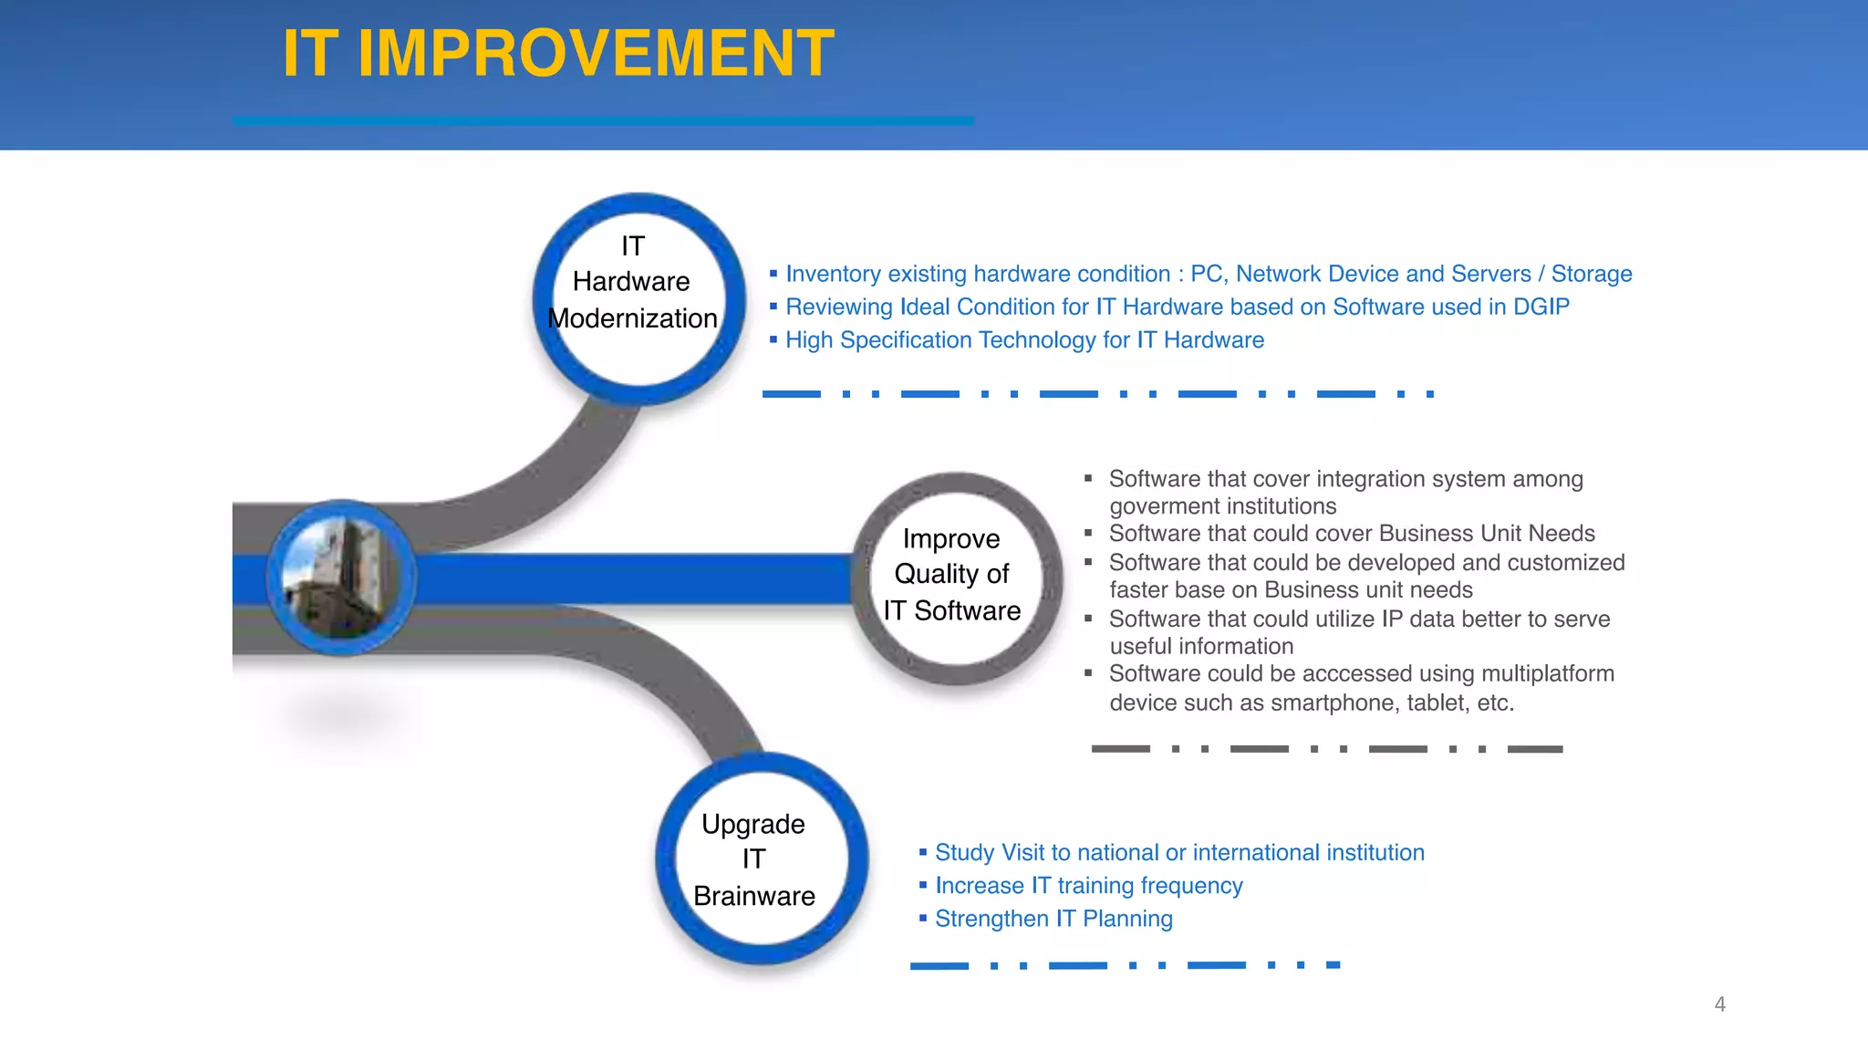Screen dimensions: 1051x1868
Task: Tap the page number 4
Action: [x=1719, y=1004]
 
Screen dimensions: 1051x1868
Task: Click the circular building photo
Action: [x=341, y=578]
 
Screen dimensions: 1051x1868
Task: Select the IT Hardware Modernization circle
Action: [x=638, y=298]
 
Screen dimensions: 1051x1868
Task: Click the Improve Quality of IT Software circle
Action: [x=955, y=578]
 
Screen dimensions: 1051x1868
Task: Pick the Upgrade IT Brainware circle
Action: [x=761, y=858]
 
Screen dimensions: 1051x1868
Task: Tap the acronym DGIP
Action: [x=1541, y=307]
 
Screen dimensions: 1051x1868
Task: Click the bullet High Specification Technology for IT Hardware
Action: [x=1023, y=340]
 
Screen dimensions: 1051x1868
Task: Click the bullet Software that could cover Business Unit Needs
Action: [x=1351, y=534]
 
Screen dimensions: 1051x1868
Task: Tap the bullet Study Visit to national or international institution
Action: [x=1178, y=853]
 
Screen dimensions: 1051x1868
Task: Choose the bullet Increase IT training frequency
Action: [x=1088, y=886]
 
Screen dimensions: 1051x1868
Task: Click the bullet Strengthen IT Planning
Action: [x=1053, y=919]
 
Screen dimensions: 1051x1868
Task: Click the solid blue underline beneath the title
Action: [x=602, y=120]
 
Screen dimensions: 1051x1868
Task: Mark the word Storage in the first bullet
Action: [x=1591, y=274]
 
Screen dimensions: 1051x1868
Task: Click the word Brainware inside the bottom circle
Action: [x=753, y=896]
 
